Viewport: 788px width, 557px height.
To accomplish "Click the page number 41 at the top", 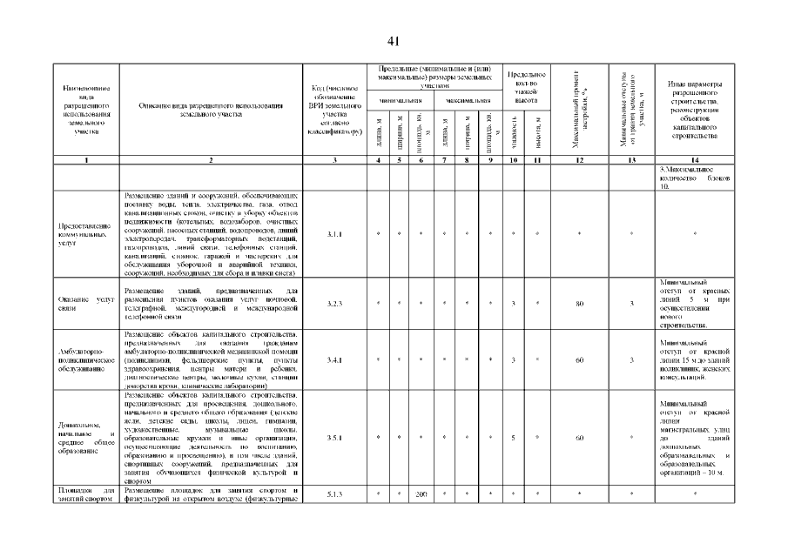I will (x=394, y=42).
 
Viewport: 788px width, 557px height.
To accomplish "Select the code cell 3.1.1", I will (x=334, y=234).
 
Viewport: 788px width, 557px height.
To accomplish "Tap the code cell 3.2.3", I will (x=334, y=304).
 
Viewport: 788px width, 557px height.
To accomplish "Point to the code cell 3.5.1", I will (x=334, y=437).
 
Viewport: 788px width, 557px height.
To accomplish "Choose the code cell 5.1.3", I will (x=334, y=494).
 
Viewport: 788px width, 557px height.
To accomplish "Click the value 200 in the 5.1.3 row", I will (x=421, y=494).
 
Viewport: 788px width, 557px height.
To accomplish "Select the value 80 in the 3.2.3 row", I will (x=578, y=304).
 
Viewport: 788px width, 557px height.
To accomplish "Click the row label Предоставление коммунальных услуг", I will (x=85, y=234).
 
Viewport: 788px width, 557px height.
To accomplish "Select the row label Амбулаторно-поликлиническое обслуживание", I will (x=85, y=359).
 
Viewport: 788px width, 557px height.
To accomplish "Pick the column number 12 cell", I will (x=578, y=160).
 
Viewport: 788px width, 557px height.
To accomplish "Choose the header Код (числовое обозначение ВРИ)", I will (x=334, y=111).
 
